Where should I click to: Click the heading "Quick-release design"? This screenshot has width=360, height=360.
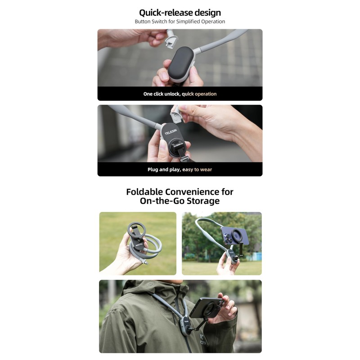pos(180,12)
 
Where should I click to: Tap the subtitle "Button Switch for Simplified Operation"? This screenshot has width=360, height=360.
pos(180,22)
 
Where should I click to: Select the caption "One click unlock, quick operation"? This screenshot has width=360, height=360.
pos(180,94)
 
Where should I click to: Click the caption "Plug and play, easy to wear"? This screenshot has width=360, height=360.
pos(180,170)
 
